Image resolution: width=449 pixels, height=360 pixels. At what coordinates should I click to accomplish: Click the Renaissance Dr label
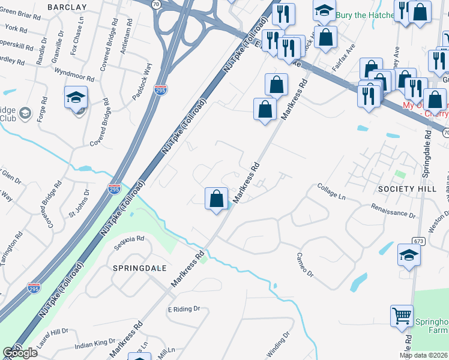click(393, 210)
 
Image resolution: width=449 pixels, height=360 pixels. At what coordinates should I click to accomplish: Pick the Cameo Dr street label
click(305, 265)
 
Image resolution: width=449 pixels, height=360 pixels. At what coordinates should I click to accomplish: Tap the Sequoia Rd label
click(131, 239)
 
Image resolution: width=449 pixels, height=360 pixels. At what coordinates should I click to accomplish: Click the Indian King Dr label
click(95, 344)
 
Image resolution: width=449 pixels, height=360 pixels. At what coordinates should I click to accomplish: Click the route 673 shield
click(418, 241)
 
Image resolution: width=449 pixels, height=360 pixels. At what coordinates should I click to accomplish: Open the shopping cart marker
click(402, 316)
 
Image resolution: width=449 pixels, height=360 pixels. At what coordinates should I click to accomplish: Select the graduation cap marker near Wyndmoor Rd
click(76, 97)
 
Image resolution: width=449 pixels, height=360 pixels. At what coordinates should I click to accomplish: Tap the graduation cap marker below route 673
click(409, 256)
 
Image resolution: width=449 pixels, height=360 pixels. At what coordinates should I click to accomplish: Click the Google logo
click(20, 353)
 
